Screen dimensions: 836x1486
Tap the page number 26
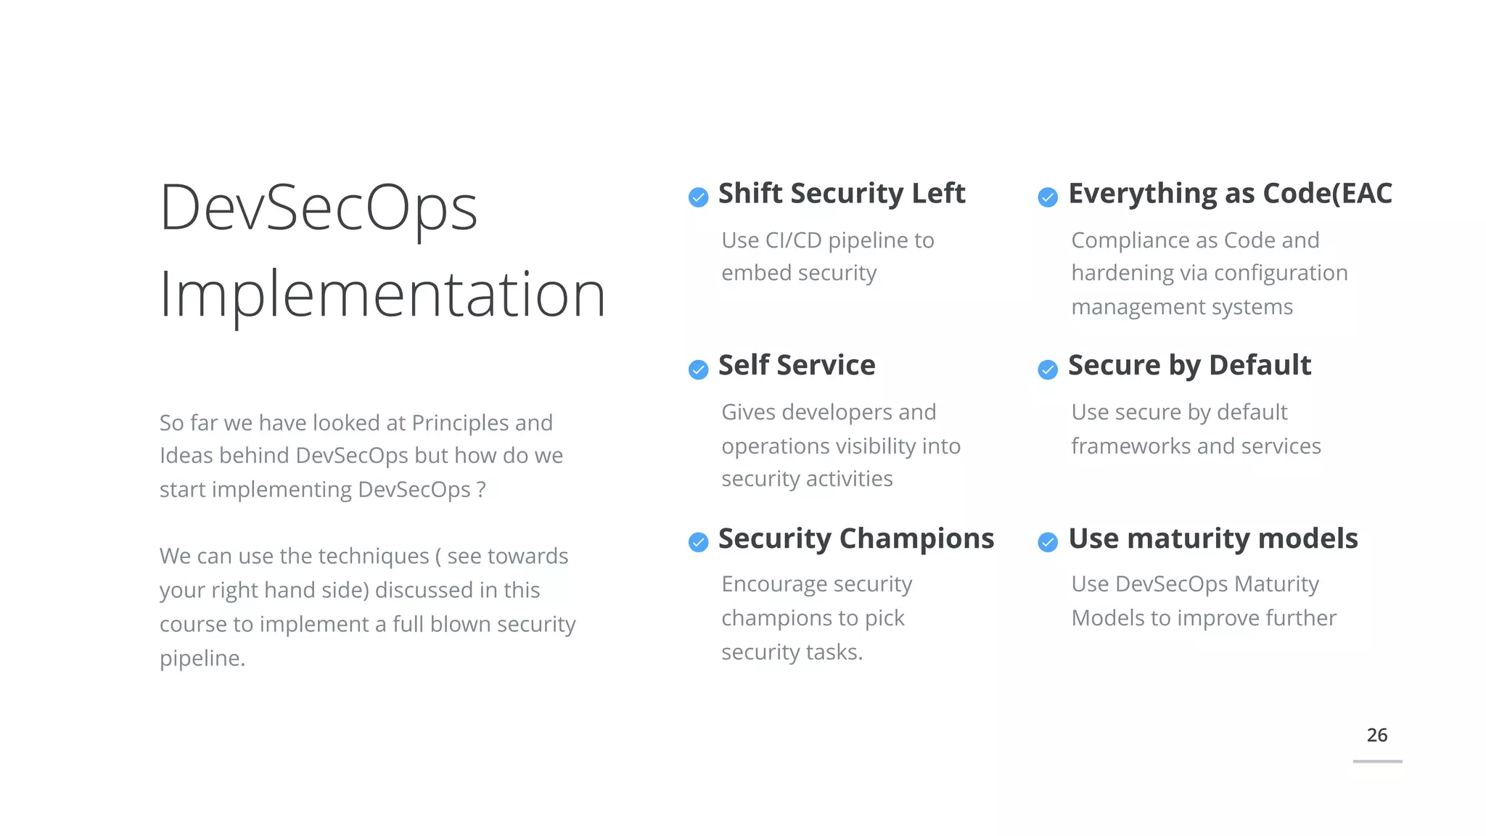click(x=1376, y=735)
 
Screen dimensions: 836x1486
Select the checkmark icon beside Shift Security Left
click(x=698, y=197)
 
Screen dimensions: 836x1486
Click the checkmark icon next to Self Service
click(x=698, y=369)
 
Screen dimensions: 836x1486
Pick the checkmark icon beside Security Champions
click(x=698, y=542)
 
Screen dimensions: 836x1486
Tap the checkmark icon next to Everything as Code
click(x=1048, y=197)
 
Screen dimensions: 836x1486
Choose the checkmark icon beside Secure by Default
click(x=1048, y=369)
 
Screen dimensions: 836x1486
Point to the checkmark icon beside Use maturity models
click(x=1048, y=542)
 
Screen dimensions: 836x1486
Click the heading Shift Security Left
click(x=841, y=194)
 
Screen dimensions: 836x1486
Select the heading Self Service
click(x=796, y=365)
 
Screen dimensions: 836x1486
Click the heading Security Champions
click(x=855, y=538)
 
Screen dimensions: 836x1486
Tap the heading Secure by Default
click(x=1189, y=365)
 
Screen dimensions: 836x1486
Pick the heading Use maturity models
click(x=1212, y=538)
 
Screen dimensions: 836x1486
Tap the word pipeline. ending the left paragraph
click(x=202, y=658)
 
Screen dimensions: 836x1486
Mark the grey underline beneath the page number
click(x=1377, y=761)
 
